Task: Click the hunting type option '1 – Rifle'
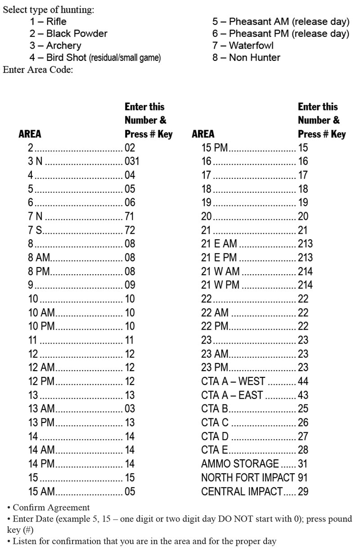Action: click(x=48, y=22)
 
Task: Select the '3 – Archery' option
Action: click(x=55, y=45)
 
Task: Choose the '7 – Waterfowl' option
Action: click(x=243, y=45)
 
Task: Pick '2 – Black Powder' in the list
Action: click(x=68, y=34)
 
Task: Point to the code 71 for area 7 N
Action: click(x=130, y=216)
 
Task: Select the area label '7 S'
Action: click(x=35, y=230)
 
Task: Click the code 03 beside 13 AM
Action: click(x=130, y=408)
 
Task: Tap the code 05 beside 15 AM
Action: click(x=130, y=491)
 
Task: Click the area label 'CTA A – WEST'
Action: click(x=233, y=381)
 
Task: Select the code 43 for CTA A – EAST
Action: click(x=303, y=395)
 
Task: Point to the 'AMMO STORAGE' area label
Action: click(x=240, y=463)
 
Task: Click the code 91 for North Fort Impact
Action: click(x=303, y=477)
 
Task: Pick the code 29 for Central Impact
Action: click(x=303, y=491)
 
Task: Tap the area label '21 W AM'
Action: click(x=220, y=272)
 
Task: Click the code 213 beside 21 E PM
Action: click(x=305, y=258)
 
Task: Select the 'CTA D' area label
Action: click(x=215, y=436)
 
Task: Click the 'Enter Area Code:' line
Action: click(x=38, y=70)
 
